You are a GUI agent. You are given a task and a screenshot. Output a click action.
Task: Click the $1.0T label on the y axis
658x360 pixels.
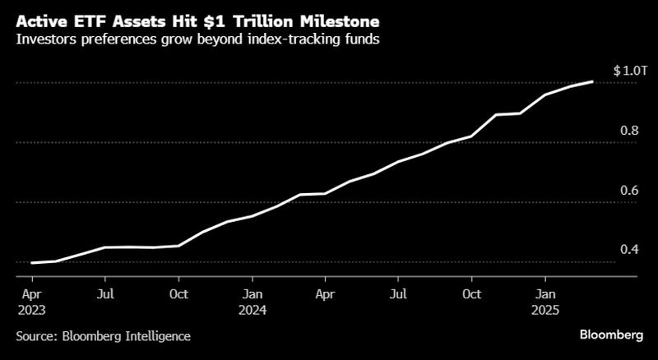coord(630,72)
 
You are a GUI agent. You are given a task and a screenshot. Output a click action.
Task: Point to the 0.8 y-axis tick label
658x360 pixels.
coord(630,130)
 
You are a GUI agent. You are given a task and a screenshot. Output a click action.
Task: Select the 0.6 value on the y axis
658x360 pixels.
coord(630,190)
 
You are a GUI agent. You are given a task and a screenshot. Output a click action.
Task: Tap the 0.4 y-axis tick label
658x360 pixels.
coord(630,249)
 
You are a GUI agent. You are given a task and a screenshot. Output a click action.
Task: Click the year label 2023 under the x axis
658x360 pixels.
coord(30,311)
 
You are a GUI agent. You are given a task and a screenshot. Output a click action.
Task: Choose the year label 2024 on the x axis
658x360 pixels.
coord(253,311)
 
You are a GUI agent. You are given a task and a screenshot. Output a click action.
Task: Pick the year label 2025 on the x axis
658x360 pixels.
coord(544,311)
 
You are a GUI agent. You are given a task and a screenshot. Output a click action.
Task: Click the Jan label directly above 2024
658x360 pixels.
coord(253,293)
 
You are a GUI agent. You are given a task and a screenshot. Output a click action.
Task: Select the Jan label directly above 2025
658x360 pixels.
coord(544,293)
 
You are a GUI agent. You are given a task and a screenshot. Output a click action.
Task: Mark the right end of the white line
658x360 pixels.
coord(593,81)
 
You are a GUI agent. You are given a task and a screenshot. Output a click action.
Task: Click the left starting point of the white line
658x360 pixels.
coord(30,263)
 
